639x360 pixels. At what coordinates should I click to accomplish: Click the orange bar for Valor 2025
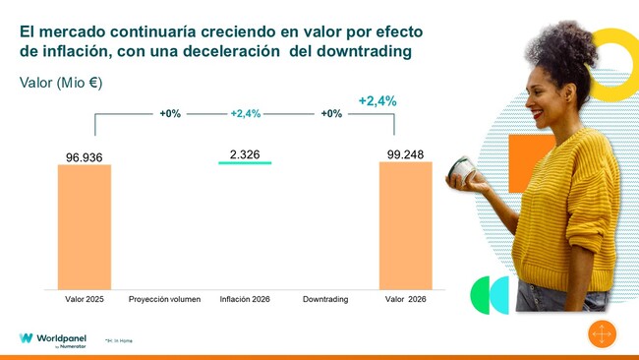coord(85,226)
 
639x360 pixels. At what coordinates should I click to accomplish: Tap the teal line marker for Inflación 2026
coord(245,163)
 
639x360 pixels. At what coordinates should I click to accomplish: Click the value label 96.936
coord(85,156)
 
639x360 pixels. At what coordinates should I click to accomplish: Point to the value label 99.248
coord(406,153)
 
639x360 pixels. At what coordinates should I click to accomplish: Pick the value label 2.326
coord(245,154)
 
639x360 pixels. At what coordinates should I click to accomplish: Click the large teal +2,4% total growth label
coord(378,100)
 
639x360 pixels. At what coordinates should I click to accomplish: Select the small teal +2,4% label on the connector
coord(245,114)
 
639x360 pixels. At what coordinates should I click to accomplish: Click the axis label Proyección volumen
coord(164,297)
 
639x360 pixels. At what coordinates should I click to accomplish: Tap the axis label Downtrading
coord(325,297)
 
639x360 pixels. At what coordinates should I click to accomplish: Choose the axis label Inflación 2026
coord(245,297)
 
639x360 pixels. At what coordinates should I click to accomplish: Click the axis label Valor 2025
coord(85,297)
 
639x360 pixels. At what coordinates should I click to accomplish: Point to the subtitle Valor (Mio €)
coord(61,84)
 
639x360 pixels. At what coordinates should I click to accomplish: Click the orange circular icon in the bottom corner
coord(601,334)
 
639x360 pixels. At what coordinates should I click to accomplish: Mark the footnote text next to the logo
coord(118,340)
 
